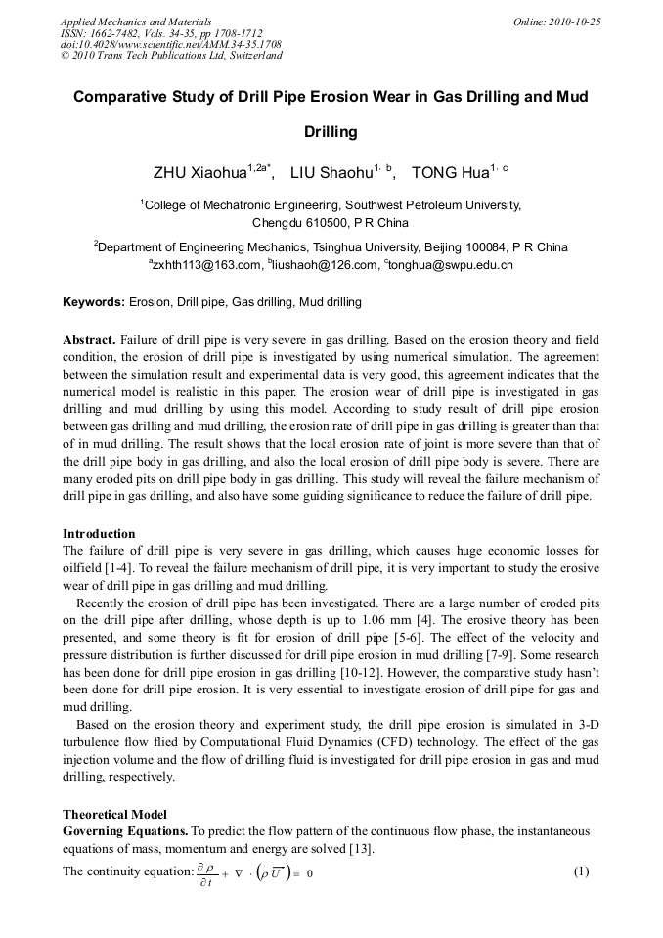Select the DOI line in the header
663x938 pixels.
(171, 44)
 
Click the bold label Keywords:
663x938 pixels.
(94, 302)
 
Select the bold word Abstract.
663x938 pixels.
(89, 340)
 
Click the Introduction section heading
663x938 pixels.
(99, 534)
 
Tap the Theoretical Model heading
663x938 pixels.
(114, 814)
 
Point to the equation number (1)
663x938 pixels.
(581, 871)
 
